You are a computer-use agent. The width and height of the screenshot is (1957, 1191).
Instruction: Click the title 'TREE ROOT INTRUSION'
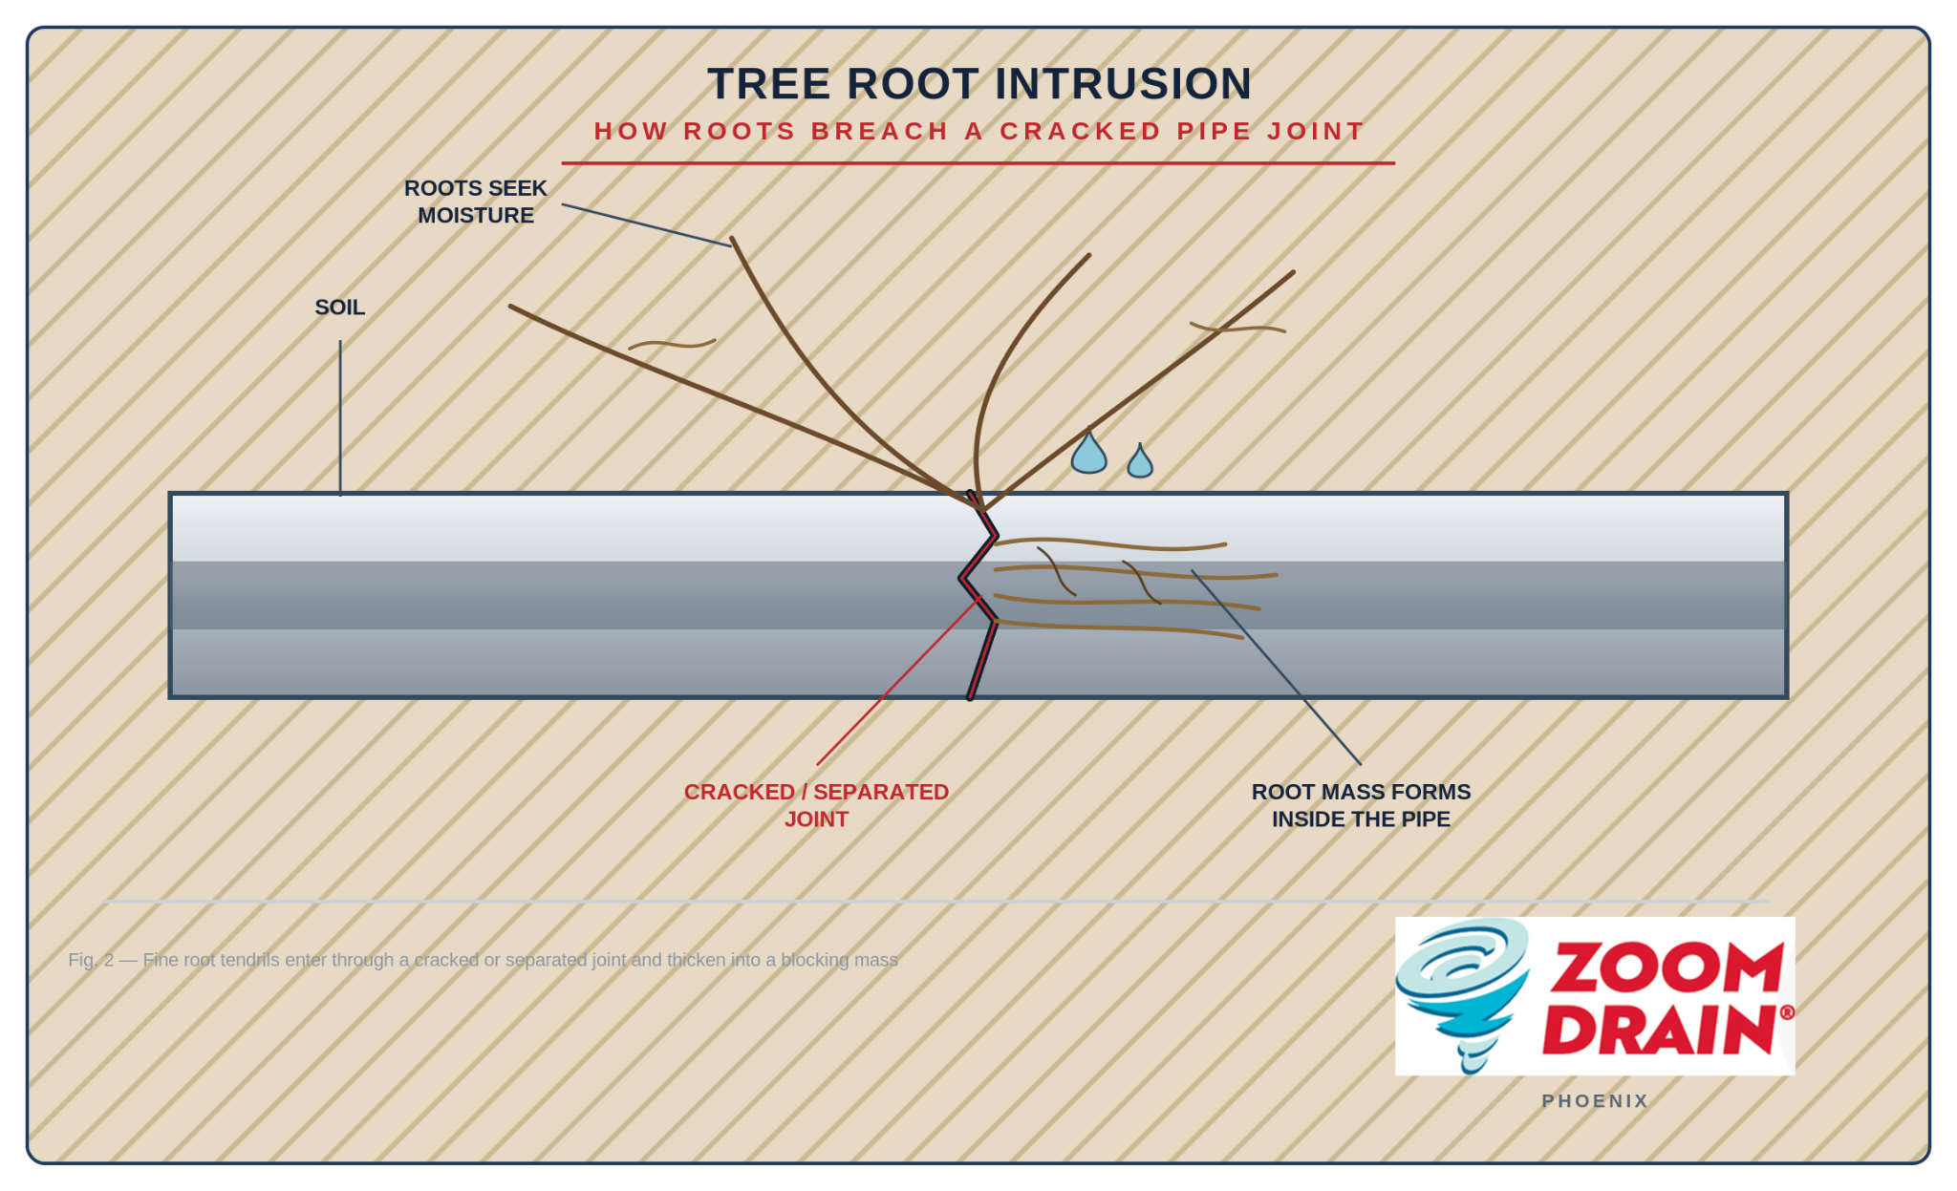[978, 84]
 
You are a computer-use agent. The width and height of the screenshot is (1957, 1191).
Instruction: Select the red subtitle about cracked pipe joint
[978, 131]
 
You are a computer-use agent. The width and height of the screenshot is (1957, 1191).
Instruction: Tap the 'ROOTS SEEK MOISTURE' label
[476, 202]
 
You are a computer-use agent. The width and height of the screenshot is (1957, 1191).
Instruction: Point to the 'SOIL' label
[340, 308]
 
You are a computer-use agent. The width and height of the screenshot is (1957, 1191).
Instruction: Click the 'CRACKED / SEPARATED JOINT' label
[816, 805]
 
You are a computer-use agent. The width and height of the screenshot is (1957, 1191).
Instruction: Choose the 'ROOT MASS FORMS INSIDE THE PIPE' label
[1361, 805]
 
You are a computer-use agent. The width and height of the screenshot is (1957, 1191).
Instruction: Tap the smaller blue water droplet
[1140, 460]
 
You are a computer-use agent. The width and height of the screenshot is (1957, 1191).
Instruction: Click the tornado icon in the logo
[1462, 993]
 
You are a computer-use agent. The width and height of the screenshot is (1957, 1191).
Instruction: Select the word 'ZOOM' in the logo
[1667, 968]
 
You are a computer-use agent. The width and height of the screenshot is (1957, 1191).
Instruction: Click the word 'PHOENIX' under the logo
[1595, 1101]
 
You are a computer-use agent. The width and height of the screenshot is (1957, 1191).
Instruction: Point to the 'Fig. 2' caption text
[483, 960]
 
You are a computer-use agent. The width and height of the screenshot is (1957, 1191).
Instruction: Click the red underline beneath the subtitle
[978, 163]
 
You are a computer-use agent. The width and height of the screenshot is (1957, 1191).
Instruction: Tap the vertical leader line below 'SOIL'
[340, 417]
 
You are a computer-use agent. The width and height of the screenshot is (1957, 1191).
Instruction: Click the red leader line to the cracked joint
[898, 681]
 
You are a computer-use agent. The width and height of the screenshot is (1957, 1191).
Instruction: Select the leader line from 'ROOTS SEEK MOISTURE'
[646, 224]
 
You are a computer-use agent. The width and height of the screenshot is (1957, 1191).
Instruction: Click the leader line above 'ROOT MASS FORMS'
[1276, 668]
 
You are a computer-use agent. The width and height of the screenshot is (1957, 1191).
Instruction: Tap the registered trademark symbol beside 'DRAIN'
[1787, 1012]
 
